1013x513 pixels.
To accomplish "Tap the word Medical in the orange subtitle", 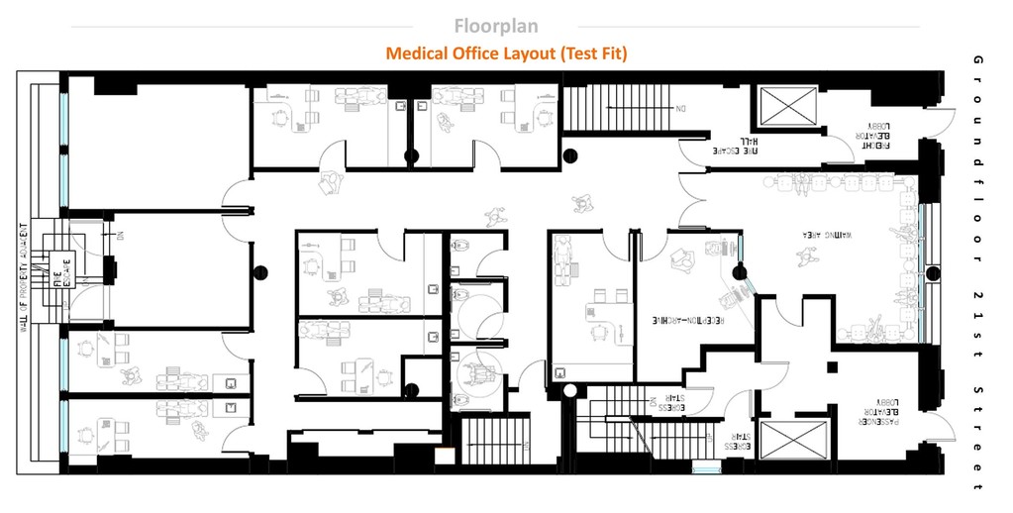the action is pyautogui.click(x=416, y=53).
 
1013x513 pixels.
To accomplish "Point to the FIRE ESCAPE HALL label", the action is pyautogui.click(x=749, y=146).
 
